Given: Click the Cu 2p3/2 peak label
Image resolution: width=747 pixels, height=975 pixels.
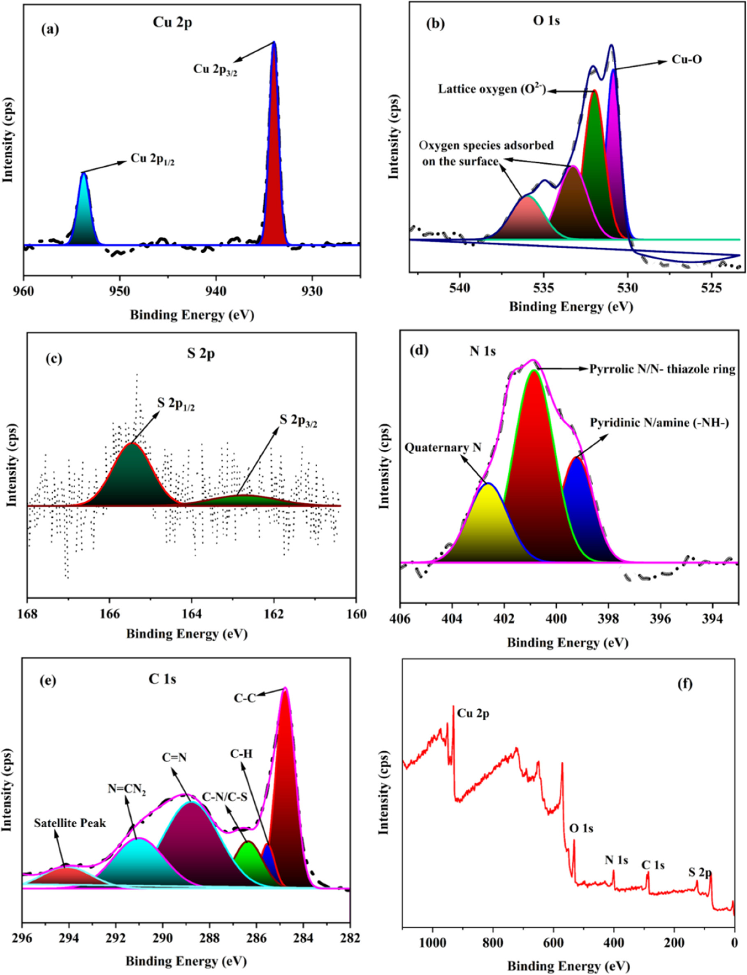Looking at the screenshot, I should click(x=215, y=70).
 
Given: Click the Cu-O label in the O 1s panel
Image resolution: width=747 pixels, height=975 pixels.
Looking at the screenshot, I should click(x=687, y=59).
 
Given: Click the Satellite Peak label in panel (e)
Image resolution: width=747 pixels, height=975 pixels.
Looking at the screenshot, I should click(x=70, y=823).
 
